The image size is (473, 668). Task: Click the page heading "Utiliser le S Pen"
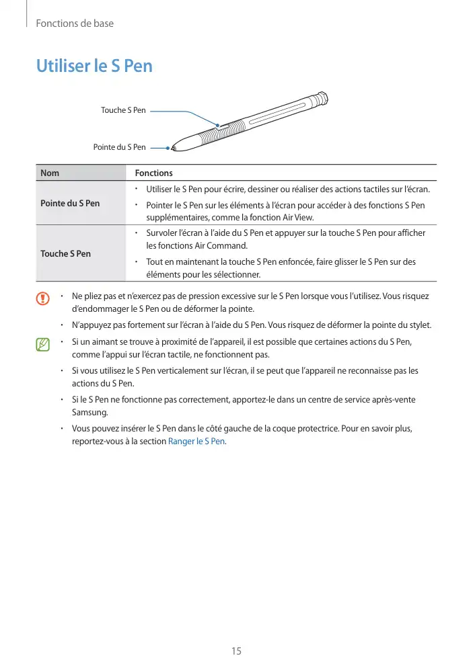point(94,67)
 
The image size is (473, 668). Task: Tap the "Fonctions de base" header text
point(74,24)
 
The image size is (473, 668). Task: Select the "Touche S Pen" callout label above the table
point(123,110)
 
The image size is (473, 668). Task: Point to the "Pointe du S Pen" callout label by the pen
point(119,147)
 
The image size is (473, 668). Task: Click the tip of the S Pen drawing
point(173,147)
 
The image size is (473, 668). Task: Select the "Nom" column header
point(49,173)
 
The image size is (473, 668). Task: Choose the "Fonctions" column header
point(153,173)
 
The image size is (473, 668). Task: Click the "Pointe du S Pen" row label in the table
point(70,203)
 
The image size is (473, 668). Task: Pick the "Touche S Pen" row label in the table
point(65,253)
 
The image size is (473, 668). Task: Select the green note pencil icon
point(44,345)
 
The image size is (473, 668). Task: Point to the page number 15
point(236,651)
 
